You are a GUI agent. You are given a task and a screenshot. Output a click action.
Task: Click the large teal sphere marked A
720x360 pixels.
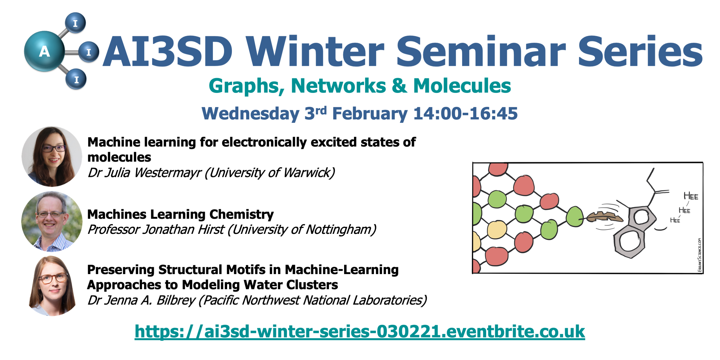point(44,51)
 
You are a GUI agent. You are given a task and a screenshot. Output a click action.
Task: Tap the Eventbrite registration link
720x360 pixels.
point(360,332)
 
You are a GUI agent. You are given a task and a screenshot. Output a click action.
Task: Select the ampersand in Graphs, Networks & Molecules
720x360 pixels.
point(399,85)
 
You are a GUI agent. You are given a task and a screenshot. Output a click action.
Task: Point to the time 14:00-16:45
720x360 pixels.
point(465,114)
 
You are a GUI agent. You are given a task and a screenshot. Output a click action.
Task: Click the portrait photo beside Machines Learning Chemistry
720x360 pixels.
point(52,221)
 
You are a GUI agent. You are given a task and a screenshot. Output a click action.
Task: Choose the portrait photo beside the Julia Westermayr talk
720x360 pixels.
point(52,157)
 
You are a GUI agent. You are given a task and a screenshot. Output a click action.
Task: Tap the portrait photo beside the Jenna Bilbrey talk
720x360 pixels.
point(52,286)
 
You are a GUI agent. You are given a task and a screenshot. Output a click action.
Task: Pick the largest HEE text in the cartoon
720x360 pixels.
point(691,196)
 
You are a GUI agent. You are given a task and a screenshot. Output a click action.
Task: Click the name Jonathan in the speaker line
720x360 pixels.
point(169,230)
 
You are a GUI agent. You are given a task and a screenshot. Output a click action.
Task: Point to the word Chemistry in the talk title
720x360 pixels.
point(241,214)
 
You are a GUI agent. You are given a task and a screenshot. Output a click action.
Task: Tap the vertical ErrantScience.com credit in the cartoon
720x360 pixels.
point(700,255)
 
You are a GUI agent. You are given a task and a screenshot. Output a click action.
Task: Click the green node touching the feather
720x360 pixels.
point(575,217)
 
